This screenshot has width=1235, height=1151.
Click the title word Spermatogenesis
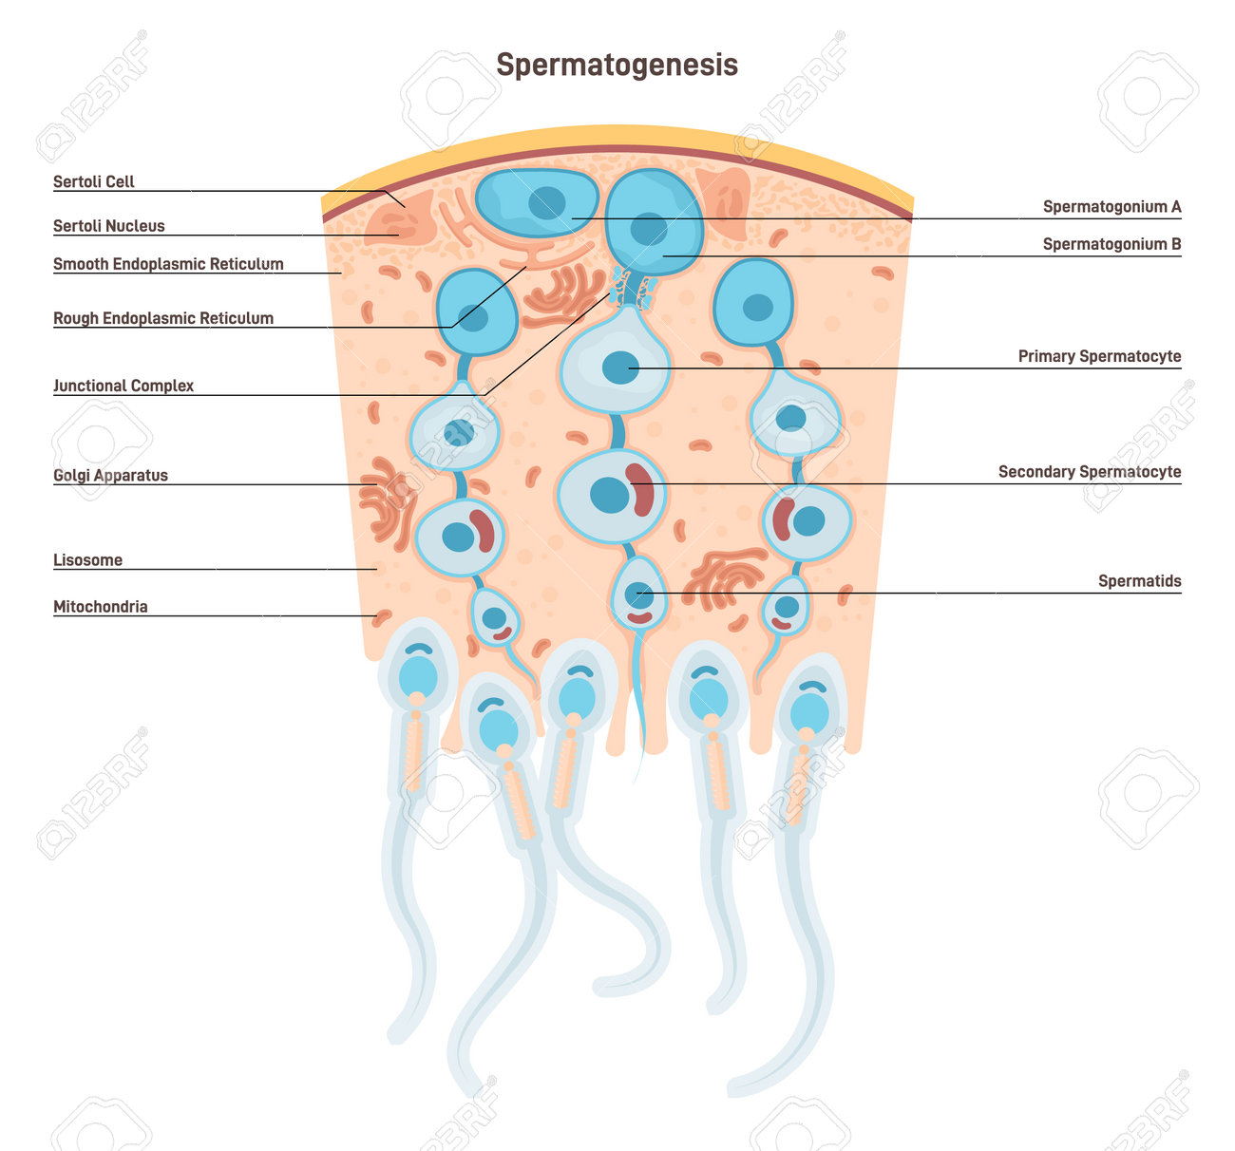pos(617,65)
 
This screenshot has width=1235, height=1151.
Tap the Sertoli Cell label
pos(93,181)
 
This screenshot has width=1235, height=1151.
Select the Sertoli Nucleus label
pos(108,226)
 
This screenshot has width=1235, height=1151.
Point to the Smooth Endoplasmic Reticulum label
pos(168,264)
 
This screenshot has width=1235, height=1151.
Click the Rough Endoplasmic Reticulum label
pos(163,318)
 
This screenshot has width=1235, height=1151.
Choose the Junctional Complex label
pos(123,386)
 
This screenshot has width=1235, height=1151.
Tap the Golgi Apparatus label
pos(110,475)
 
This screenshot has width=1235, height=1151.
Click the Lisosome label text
pos(87,560)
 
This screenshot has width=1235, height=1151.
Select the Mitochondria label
pos(100,607)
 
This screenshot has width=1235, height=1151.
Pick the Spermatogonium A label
pos(1111,206)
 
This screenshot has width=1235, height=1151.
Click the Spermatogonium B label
pos(1111,244)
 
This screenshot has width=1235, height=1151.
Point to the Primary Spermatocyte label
pos(1099,356)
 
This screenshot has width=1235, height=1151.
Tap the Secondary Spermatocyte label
pos(1090,472)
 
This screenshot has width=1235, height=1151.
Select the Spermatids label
pos(1139,581)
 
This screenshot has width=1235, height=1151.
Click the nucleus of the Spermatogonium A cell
pos(547,202)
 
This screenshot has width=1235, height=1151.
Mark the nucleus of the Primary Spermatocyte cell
pos(620,368)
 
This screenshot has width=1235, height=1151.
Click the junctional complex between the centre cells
pos(633,289)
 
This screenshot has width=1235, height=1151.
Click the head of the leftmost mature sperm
pos(418,675)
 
